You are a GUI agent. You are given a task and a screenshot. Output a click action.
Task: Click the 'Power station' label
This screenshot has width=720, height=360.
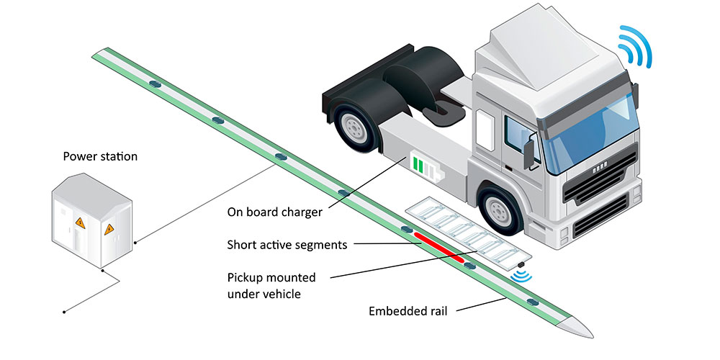(100, 156)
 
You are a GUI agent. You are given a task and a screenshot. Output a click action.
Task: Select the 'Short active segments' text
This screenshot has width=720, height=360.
(287, 245)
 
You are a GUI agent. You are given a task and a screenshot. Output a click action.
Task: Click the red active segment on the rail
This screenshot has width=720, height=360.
(438, 246)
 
